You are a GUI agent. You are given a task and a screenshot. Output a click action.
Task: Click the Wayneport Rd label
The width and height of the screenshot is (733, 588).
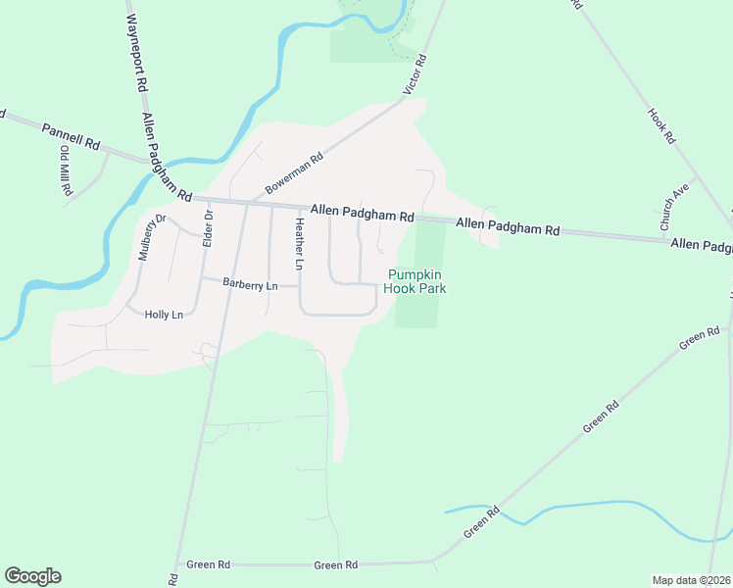coord(136,46)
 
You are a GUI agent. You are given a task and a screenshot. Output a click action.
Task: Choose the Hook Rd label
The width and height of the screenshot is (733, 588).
coord(662,126)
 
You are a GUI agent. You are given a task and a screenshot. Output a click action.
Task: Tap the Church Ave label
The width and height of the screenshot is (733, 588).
coord(676,207)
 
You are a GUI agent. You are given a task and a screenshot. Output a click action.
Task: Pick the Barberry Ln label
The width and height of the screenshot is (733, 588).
coord(251,285)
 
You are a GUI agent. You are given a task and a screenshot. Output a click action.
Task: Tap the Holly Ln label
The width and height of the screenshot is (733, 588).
coord(164,315)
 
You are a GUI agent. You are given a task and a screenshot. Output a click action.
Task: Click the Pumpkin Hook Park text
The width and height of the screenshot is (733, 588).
coord(417,282)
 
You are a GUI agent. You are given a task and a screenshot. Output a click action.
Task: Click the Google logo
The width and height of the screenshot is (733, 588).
coord(32,576)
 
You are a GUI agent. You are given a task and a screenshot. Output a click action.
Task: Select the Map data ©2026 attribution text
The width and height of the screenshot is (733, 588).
coord(692,579)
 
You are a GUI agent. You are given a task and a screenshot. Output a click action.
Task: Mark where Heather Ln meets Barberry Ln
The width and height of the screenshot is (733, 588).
coord(299,285)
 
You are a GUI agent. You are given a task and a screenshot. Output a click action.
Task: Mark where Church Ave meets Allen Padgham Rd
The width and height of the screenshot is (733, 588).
coord(665,236)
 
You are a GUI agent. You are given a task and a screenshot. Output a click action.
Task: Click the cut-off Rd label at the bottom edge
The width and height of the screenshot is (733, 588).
coord(172,579)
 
